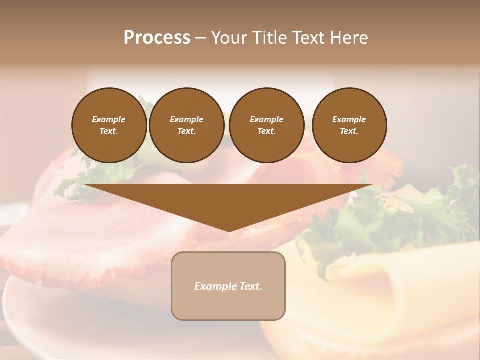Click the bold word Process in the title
[157, 37]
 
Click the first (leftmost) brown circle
[109, 125]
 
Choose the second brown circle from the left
[186, 125]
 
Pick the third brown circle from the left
[266, 125]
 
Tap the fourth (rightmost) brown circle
[349, 125]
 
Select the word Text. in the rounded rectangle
[249, 286]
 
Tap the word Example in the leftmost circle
[109, 119]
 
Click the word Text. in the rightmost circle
[349, 131]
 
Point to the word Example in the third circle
[266, 119]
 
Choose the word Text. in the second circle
[186, 131]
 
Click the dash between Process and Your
[200, 38]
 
